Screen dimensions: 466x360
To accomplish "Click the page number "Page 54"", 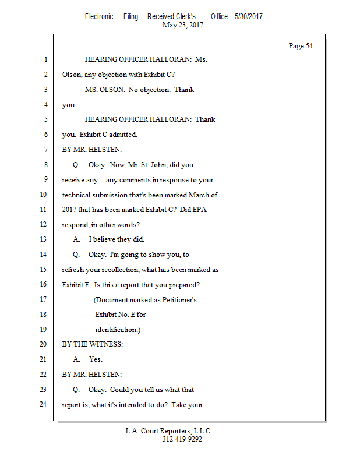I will [301, 46].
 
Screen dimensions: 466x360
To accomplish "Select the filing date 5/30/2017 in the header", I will [249, 17].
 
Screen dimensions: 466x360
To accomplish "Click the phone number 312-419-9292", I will [182, 439].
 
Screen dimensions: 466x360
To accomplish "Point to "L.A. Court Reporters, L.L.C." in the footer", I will [169, 431].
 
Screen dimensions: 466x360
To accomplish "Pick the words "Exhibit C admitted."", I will [108, 135].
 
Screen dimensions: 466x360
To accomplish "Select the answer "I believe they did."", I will [116, 239].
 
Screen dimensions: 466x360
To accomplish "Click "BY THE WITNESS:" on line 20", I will [93, 344].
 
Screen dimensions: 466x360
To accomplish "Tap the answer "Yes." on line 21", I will [96, 359].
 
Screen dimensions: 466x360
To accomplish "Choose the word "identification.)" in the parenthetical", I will [118, 329].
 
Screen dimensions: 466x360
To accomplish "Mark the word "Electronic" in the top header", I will [99, 17].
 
